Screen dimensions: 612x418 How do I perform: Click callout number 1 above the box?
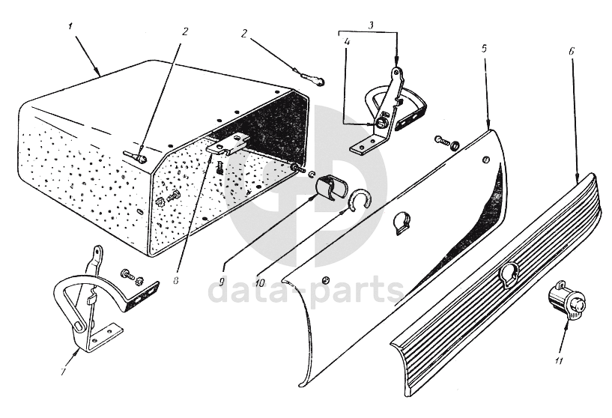(x=70, y=26)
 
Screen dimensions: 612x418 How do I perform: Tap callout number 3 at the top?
(x=371, y=25)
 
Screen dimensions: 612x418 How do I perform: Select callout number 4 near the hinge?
(x=348, y=41)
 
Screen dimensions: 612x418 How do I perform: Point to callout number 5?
(x=484, y=49)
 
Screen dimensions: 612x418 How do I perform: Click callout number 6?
(x=572, y=51)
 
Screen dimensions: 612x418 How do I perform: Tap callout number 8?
(x=175, y=280)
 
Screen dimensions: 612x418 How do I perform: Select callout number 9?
(x=222, y=282)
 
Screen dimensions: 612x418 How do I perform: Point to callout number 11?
(x=559, y=361)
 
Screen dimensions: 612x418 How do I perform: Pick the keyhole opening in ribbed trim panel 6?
(x=509, y=274)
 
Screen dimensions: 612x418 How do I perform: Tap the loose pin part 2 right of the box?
(x=311, y=78)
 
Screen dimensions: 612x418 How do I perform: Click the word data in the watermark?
(x=252, y=291)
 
